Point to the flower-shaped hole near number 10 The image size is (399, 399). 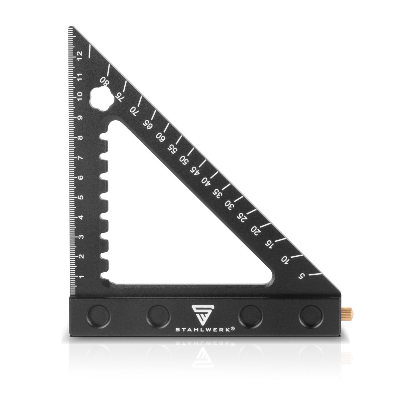[102, 98]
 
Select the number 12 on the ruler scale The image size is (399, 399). [79, 56]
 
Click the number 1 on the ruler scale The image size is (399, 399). [81, 277]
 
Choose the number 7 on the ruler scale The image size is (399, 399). [80, 158]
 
